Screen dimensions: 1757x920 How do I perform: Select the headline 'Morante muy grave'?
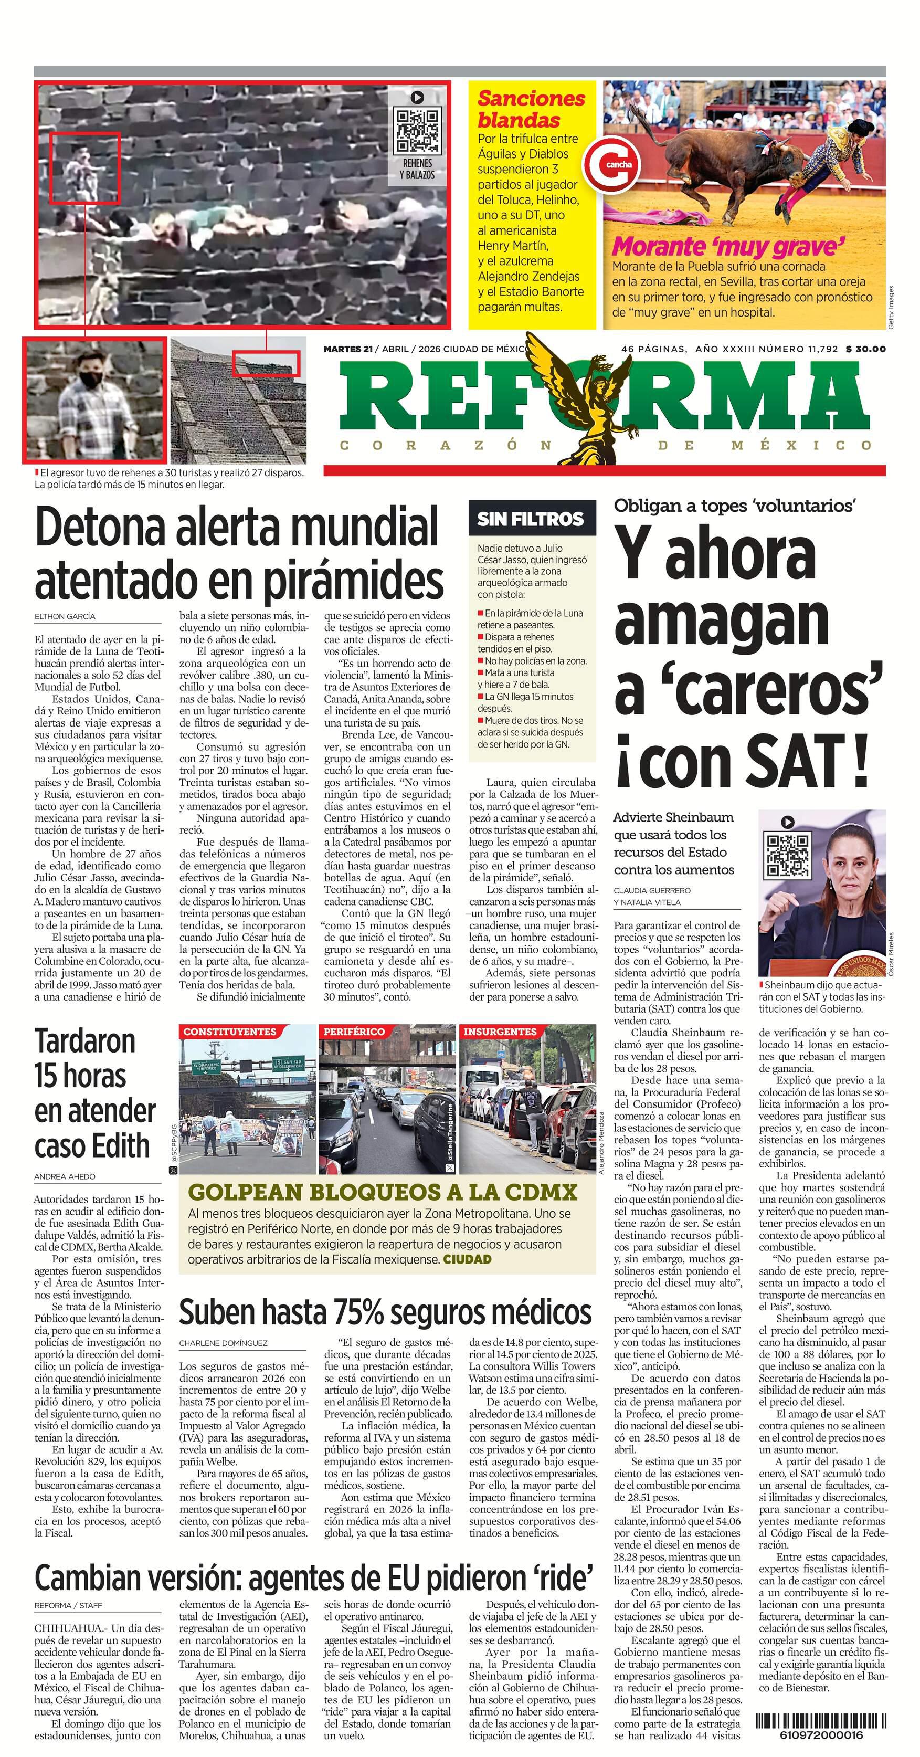pyautogui.click(x=728, y=246)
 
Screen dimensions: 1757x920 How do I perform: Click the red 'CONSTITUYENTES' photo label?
pyautogui.click(x=230, y=1032)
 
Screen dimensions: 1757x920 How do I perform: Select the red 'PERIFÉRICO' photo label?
pyautogui.click(x=354, y=1032)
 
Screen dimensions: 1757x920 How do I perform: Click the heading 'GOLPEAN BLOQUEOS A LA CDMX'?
pyautogui.click(x=383, y=1192)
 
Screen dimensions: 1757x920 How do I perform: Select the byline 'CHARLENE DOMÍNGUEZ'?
pyautogui.click(x=223, y=1343)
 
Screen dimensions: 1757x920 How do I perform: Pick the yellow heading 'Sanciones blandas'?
pyautogui.click(x=531, y=109)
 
